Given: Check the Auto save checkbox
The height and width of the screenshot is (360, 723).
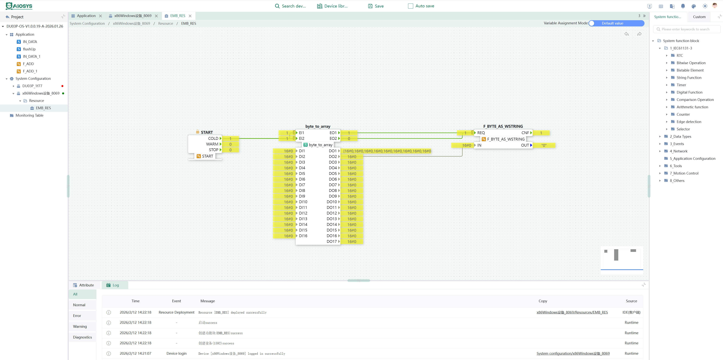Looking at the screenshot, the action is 410,6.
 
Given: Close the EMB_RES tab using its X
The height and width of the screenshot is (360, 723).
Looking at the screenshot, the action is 190,16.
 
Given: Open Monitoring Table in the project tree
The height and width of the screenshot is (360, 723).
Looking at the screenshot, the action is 29,115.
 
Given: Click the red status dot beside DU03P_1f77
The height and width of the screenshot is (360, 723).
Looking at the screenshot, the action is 62,86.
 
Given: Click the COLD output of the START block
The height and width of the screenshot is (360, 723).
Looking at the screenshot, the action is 213,138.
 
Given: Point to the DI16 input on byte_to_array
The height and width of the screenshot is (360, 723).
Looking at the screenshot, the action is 303,236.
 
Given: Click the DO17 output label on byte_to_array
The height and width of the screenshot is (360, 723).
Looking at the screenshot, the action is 332,241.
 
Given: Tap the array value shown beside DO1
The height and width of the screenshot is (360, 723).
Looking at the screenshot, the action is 387,151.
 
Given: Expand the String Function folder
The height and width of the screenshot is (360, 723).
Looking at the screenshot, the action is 689,77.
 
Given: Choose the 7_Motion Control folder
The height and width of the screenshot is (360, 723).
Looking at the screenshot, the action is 684,173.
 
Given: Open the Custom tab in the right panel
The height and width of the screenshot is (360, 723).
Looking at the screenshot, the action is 699,17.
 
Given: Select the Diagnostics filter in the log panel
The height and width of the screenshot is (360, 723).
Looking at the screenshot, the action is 82,337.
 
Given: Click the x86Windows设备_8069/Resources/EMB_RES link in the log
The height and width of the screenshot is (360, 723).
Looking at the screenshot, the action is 572,312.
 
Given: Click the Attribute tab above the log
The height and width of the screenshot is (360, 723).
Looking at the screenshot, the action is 84,285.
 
